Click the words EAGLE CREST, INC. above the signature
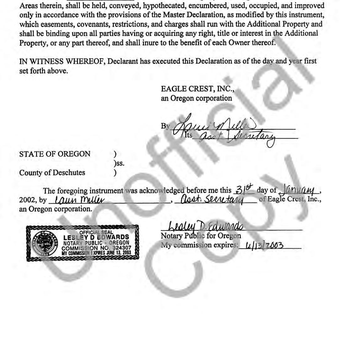click(x=197, y=89)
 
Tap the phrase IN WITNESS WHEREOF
click(x=62, y=61)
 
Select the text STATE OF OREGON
click(x=55, y=154)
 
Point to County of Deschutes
click(x=52, y=173)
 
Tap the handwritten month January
click(x=300, y=190)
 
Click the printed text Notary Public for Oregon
click(x=201, y=236)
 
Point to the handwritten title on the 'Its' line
click(x=237, y=136)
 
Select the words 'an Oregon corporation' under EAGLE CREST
click(x=196, y=98)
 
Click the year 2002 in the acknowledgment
click(x=28, y=200)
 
